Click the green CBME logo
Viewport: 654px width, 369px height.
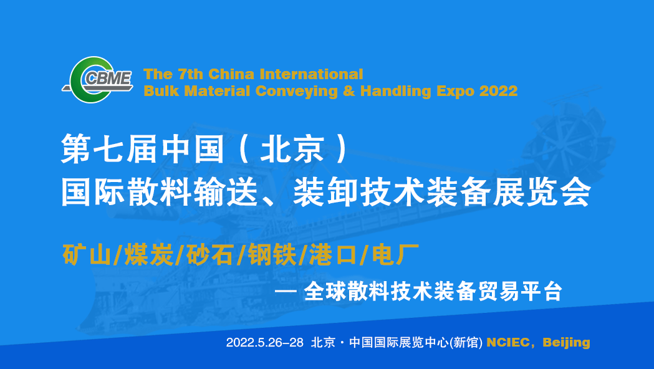pyautogui.click(x=98, y=79)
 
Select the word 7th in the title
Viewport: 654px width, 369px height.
pyautogui.click(x=191, y=74)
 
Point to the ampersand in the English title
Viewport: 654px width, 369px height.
pyautogui.click(x=349, y=90)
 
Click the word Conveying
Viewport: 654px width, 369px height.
pyautogui.click(x=297, y=91)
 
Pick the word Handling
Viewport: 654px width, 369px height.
pyautogui.click(x=396, y=91)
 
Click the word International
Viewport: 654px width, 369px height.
pyautogui.click(x=311, y=74)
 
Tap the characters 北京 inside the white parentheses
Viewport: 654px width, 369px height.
pyautogui.click(x=292, y=149)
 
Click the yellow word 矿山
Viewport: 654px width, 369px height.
pyautogui.click(x=87, y=255)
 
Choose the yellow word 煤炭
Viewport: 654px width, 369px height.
pyautogui.click(x=149, y=255)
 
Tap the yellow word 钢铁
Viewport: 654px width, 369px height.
pyautogui.click(x=272, y=255)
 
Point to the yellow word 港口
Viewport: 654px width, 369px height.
pyautogui.click(x=334, y=255)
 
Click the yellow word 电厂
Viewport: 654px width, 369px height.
pyautogui.click(x=395, y=255)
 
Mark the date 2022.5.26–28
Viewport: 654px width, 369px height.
pyautogui.click(x=265, y=342)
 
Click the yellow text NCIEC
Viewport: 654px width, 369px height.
pyautogui.click(x=508, y=342)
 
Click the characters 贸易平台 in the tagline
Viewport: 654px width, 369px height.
pyautogui.click(x=520, y=291)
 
